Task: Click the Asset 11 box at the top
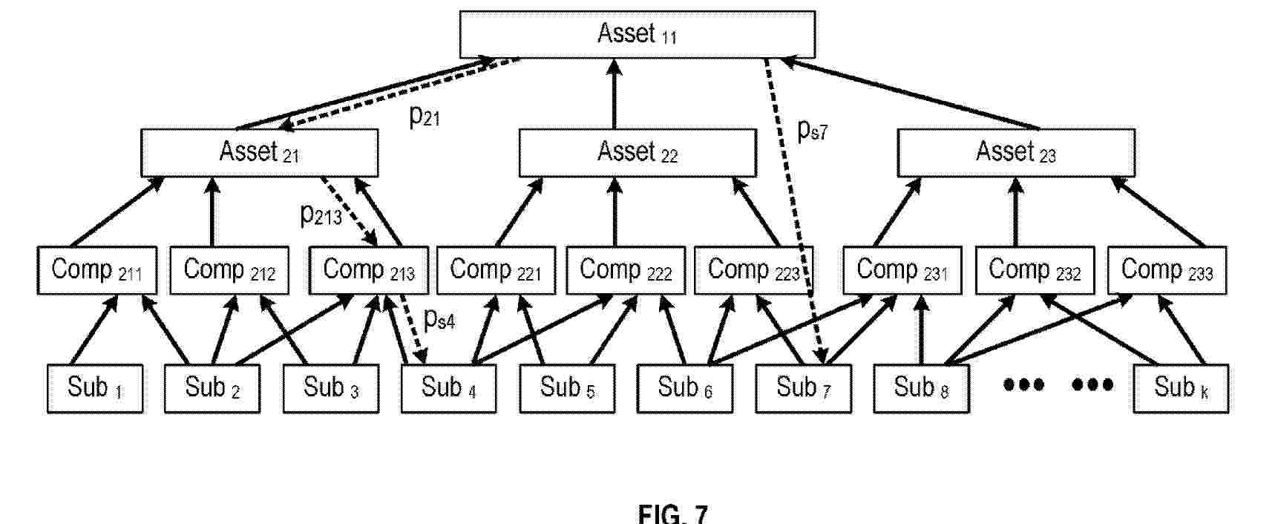637,34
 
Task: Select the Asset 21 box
259,153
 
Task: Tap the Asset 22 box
637,153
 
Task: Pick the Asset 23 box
1015,153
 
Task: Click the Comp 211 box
96,270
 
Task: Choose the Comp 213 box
368,270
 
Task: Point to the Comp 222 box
625,270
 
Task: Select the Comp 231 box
902,270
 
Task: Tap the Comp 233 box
1166,270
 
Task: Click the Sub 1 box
94,388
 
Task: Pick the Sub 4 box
448,388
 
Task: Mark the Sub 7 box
803,388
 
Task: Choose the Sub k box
1180,388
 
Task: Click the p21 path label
425,117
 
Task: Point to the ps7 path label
812,131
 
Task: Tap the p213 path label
321,215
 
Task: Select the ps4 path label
439,319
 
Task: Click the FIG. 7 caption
672,514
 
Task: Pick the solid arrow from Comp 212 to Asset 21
212,211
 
